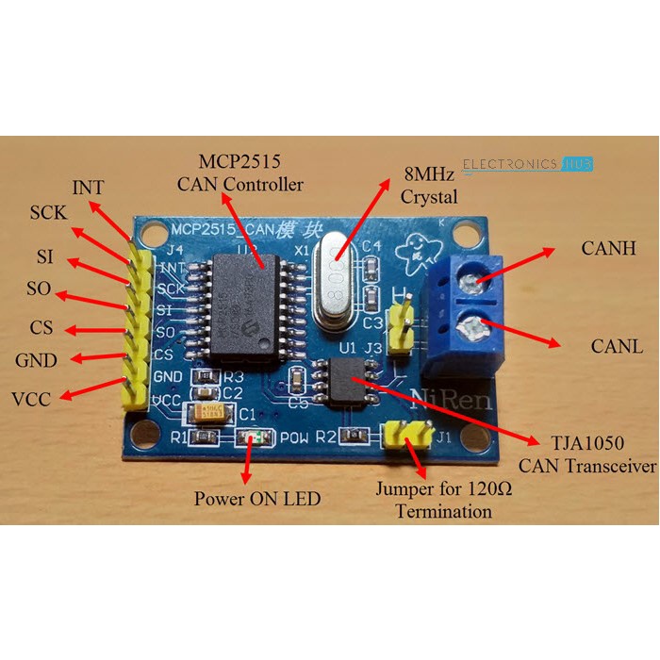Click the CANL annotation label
[x=617, y=346]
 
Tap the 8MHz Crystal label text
[x=429, y=186]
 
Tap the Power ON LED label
[x=257, y=498]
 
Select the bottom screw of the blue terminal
[x=473, y=330]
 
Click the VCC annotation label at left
[x=34, y=398]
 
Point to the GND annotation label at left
[x=36, y=361]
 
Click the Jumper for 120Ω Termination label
[x=434, y=500]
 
